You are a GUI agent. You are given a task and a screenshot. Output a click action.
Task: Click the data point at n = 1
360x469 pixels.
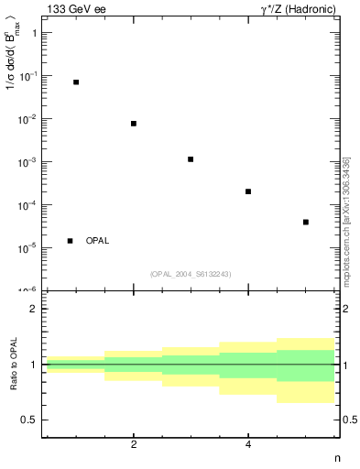76,82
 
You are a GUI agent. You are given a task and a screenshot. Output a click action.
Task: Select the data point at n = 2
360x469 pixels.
134,124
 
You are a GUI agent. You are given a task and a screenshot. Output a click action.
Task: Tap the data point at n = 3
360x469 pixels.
191,159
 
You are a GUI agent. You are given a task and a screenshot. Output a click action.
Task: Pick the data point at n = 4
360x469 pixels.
248,191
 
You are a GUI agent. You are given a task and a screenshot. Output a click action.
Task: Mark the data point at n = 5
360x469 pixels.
306,222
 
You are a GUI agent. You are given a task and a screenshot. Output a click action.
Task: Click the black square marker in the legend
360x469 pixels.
71,241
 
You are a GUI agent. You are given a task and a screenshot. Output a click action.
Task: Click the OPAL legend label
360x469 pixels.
97,241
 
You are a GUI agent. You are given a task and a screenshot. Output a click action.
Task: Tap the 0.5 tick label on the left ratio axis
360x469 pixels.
29,420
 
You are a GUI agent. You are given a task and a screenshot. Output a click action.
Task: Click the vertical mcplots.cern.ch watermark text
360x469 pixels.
347,220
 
